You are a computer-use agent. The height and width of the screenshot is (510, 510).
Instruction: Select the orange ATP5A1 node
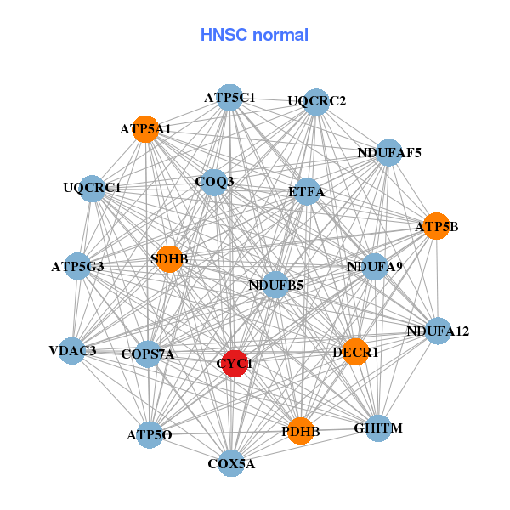[146, 129]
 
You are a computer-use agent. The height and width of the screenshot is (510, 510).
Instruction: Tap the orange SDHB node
[170, 258]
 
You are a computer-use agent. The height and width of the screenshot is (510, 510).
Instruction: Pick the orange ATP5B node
[436, 226]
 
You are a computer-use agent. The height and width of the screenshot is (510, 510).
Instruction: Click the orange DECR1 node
[356, 351]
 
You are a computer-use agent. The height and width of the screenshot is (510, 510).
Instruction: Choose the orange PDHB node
[300, 431]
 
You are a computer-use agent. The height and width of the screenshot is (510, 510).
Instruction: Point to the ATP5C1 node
[229, 98]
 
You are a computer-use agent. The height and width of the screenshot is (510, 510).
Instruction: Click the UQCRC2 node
[316, 101]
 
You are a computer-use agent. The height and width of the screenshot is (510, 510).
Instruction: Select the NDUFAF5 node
[388, 153]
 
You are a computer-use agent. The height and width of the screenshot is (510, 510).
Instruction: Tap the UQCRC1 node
[92, 188]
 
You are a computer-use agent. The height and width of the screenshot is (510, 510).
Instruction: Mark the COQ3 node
[214, 181]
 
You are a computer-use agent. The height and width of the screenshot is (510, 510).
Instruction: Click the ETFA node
[306, 191]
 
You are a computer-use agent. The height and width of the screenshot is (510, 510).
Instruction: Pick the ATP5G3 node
[78, 267]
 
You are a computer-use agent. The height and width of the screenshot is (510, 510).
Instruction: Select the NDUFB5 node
[275, 285]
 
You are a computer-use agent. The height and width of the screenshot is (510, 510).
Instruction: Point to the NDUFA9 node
[375, 267]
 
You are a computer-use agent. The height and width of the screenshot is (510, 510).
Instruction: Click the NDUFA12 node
[437, 331]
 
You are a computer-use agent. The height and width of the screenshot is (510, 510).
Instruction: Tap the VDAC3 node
[72, 350]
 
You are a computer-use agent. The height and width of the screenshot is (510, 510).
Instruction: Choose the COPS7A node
[148, 354]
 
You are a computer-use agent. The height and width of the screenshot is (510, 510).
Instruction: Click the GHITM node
[378, 429]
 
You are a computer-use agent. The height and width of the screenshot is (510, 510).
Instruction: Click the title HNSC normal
[254, 35]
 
